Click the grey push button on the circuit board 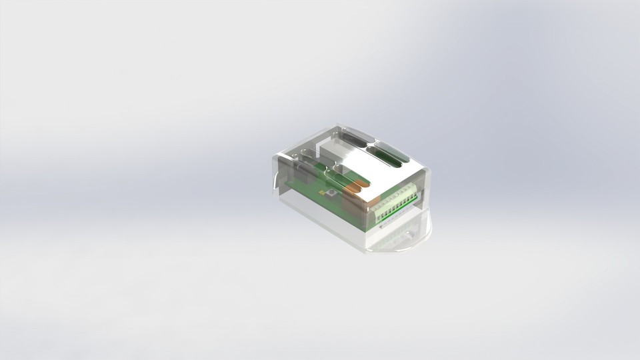331,193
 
